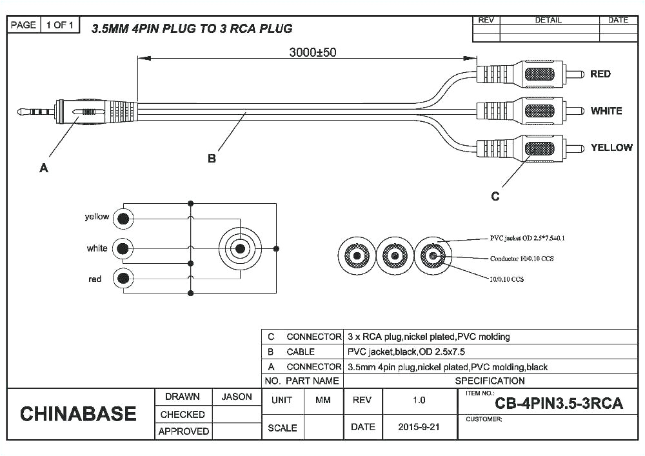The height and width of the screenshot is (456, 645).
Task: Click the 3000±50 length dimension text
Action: pyautogui.click(x=312, y=52)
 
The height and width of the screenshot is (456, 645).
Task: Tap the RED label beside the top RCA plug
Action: pyautogui.click(x=600, y=74)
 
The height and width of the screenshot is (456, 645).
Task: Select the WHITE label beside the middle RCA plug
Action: pyautogui.click(x=606, y=111)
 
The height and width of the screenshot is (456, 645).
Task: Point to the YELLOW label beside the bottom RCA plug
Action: pyautogui.click(x=611, y=148)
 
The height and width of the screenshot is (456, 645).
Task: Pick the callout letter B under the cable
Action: pyautogui.click(x=212, y=159)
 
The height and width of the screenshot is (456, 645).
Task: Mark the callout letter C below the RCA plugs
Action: pyautogui.click(x=495, y=196)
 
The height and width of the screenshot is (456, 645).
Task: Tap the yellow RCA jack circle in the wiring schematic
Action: pyautogui.click(x=123, y=219)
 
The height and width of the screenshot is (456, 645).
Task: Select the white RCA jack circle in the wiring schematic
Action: pyautogui.click(x=123, y=248)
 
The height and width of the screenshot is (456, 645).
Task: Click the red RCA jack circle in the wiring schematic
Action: pyautogui.click(x=123, y=279)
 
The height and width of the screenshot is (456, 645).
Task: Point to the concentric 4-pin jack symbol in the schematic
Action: pyautogui.click(x=240, y=248)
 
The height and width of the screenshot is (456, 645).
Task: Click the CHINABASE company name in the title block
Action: pyautogui.click(x=78, y=413)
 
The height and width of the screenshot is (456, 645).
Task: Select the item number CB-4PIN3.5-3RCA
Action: pyautogui.click(x=559, y=404)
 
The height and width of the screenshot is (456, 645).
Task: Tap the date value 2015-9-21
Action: pyautogui.click(x=419, y=427)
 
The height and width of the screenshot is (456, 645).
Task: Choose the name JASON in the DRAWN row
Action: pyautogui.click(x=237, y=397)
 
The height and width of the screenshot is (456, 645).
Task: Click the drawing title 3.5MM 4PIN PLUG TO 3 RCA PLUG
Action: pyautogui.click(x=192, y=28)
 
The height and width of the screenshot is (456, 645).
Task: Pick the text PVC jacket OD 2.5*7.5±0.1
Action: pyautogui.click(x=527, y=238)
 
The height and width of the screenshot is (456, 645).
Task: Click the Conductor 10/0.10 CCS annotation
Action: pyautogui.click(x=522, y=258)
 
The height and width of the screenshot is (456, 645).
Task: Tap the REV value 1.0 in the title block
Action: pyautogui.click(x=419, y=400)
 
